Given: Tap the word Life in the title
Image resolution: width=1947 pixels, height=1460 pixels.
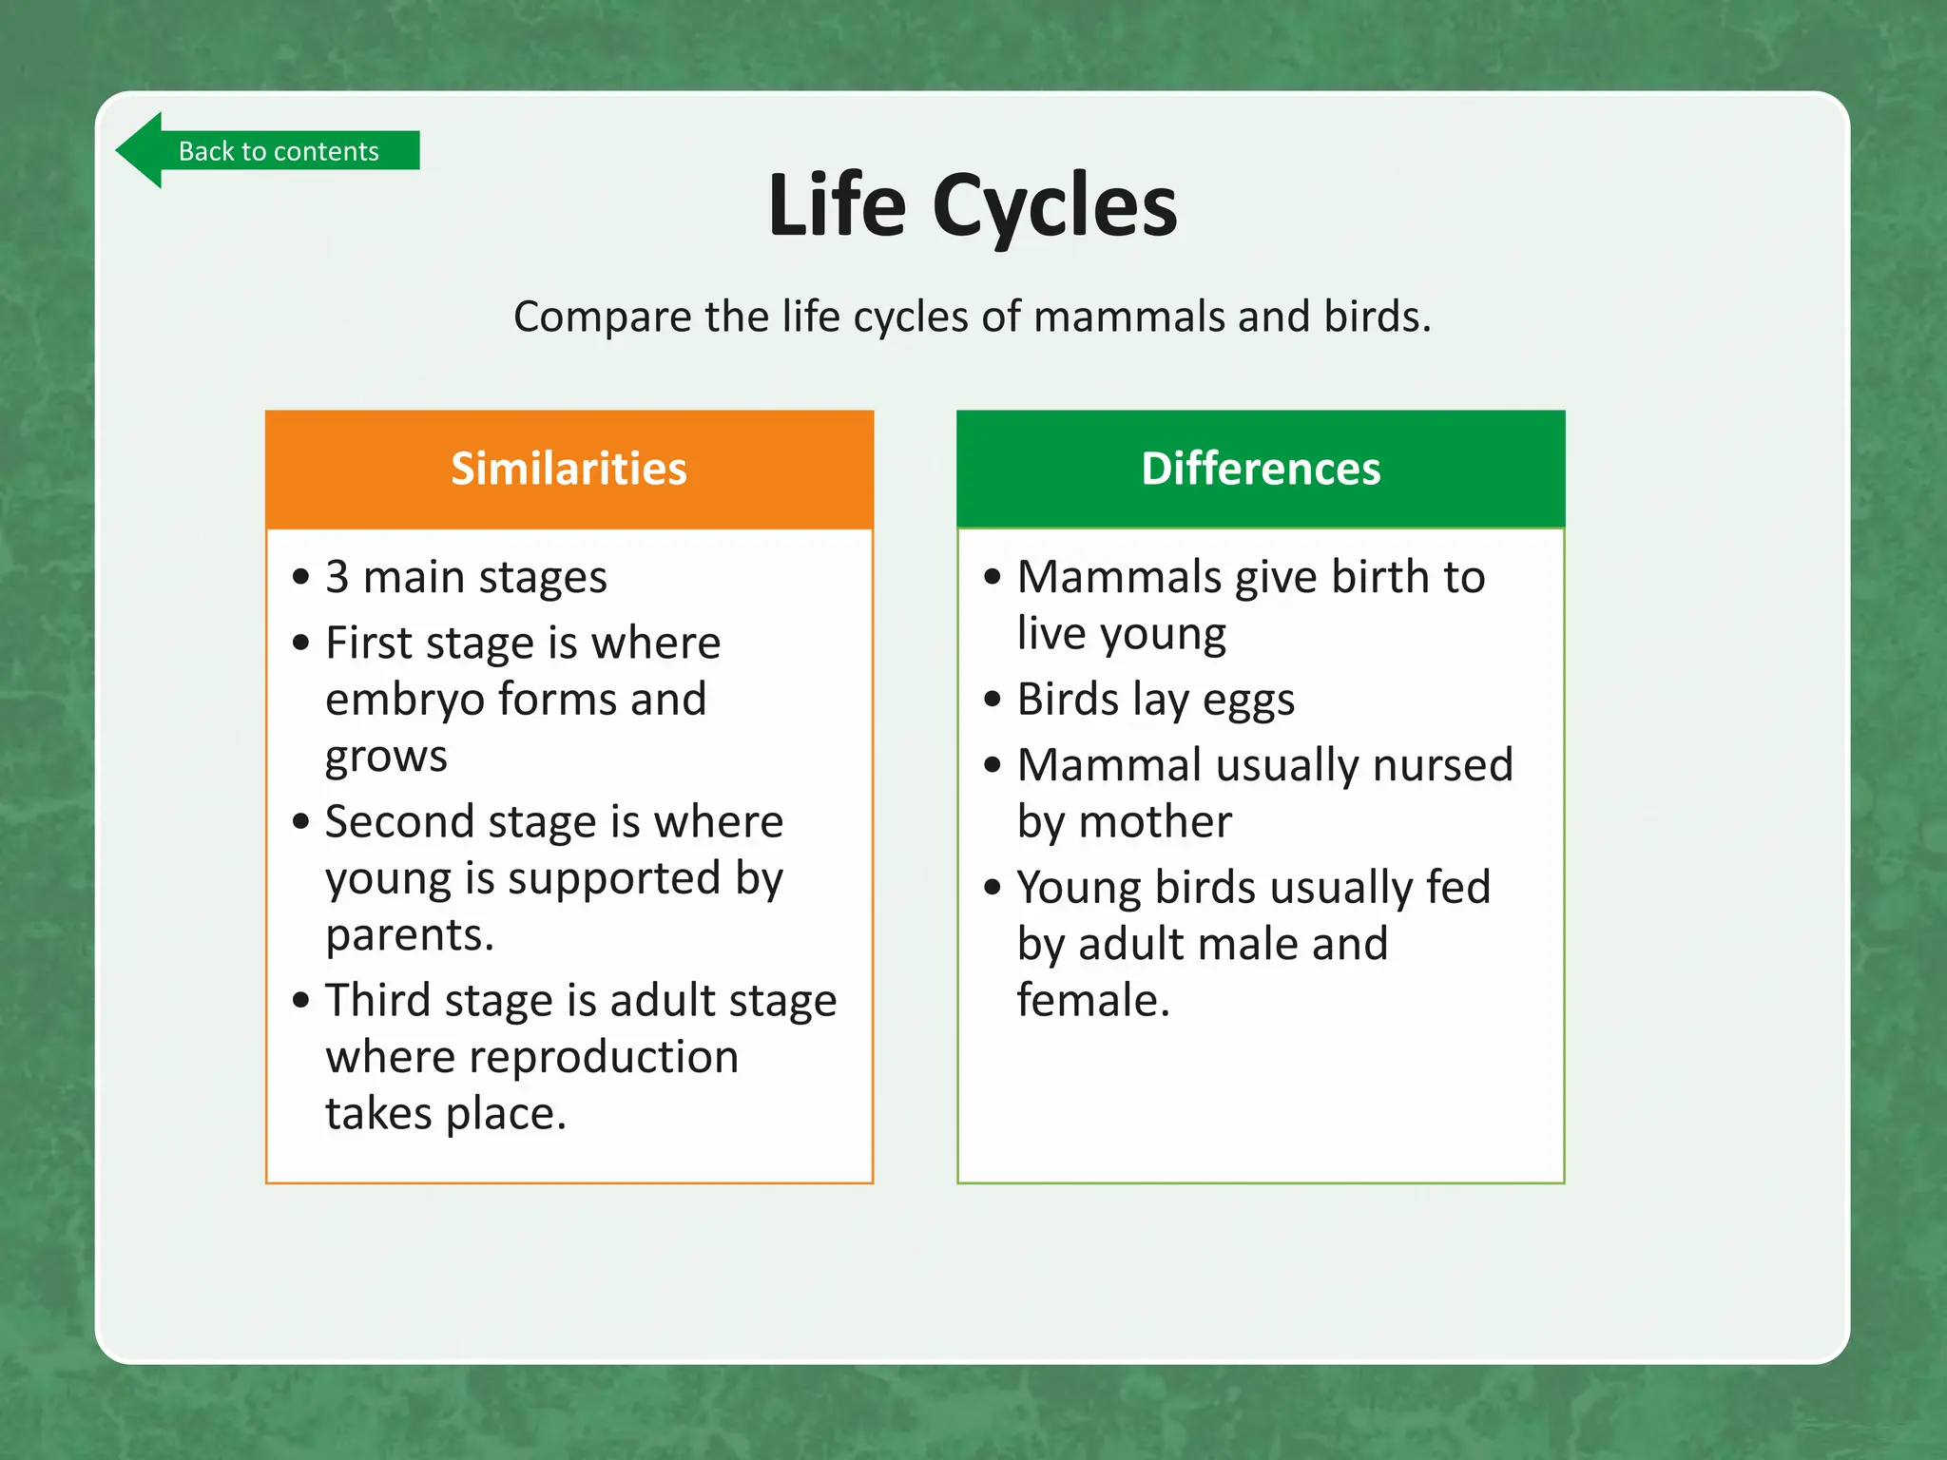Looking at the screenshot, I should pos(836,206).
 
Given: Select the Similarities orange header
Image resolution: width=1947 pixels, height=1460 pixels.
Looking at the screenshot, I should pos(569,469).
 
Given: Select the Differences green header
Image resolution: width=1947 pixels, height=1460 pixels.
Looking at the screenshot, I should pos(1260,469).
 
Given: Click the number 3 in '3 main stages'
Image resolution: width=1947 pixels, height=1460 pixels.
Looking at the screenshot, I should pos(337,577).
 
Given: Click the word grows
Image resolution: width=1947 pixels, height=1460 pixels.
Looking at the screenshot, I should pos(386,758).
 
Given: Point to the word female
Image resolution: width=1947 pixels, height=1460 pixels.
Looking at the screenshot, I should pos(1091,1000).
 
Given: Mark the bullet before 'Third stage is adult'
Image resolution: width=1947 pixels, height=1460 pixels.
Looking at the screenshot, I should pos(301,1000).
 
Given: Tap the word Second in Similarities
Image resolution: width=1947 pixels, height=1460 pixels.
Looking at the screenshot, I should pos(398,821).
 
